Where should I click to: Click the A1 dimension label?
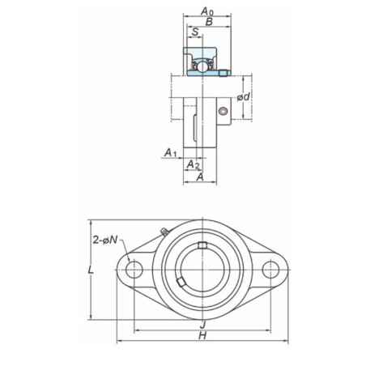click(x=170, y=152)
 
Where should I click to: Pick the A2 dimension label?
click(x=194, y=164)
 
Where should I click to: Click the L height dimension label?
click(x=91, y=270)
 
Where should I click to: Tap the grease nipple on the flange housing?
click(x=164, y=233)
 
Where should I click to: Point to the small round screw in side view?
click(x=222, y=111)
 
